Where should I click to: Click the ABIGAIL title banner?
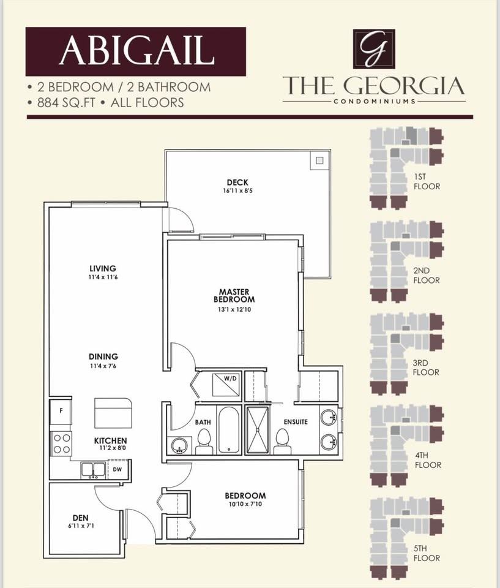tap(135, 51)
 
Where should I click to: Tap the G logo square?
tap(374, 49)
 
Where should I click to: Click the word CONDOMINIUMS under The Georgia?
tap(375, 101)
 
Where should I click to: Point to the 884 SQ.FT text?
tap(66, 103)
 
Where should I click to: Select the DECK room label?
tap(237, 183)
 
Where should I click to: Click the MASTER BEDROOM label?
tap(234, 295)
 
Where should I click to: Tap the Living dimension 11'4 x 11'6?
tap(103, 277)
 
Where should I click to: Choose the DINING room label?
tap(103, 356)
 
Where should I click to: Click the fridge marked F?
tap(61, 410)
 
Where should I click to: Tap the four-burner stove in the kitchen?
tap(61, 443)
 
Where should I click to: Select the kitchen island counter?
tap(113, 413)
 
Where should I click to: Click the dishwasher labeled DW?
tap(118, 469)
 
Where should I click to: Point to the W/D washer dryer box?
tap(226, 385)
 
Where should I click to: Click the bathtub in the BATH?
tap(229, 430)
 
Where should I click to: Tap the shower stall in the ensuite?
tap(257, 430)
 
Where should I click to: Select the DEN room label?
tap(81, 518)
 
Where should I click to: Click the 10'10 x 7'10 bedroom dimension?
tap(245, 504)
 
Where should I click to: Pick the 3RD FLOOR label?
tap(426, 367)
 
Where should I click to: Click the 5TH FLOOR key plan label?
tap(427, 553)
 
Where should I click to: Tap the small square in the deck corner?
tap(319, 160)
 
